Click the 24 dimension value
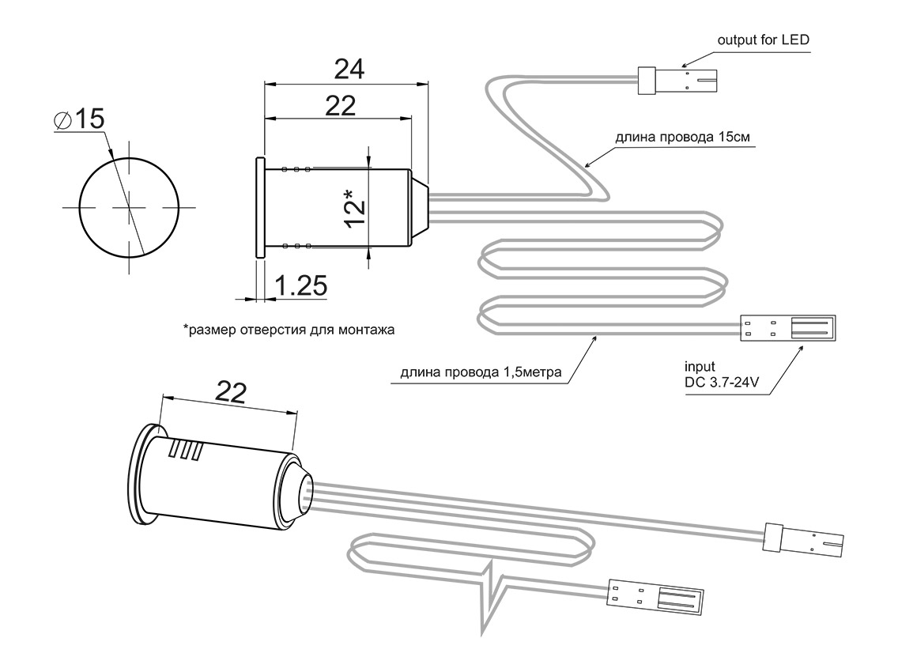point(349,70)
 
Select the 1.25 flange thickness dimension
point(301,286)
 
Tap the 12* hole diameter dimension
point(355,208)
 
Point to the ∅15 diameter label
point(79,119)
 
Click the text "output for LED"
point(763,39)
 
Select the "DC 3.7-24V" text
point(722,383)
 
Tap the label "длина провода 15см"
point(682,136)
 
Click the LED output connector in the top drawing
point(678,81)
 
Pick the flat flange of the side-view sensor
point(259,207)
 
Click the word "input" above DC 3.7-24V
point(700,367)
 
